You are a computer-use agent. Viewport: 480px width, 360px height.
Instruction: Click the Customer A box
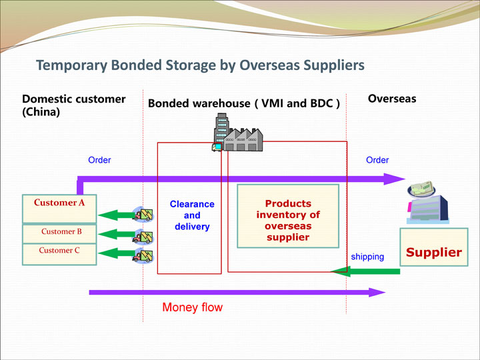point(59,209)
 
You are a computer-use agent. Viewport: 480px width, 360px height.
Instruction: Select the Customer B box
point(59,234)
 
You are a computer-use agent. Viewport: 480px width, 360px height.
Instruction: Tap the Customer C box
point(59,254)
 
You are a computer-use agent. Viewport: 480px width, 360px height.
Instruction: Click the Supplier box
point(434,247)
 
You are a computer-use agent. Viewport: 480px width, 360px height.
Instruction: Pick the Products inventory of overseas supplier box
point(288,216)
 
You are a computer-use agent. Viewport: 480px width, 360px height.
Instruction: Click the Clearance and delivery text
point(192,215)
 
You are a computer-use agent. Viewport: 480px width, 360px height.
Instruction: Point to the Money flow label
point(192,307)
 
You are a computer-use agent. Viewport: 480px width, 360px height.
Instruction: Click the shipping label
point(367,257)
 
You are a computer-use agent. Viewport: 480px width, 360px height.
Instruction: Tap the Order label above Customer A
point(99,160)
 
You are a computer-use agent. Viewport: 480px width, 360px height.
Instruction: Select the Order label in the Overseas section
point(377,160)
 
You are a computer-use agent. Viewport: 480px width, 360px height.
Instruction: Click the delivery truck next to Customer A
point(143,214)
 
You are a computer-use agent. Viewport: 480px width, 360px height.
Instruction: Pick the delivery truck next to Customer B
point(143,236)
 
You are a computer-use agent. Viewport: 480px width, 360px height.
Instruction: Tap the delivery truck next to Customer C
point(143,255)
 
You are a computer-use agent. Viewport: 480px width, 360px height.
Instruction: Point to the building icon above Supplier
point(427,203)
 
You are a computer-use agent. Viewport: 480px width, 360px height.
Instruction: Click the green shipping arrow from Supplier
point(365,271)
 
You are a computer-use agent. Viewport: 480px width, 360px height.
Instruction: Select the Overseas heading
point(392,99)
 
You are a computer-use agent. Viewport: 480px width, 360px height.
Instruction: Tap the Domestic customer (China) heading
point(74,105)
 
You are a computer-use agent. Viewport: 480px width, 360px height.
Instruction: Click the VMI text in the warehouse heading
point(273,103)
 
